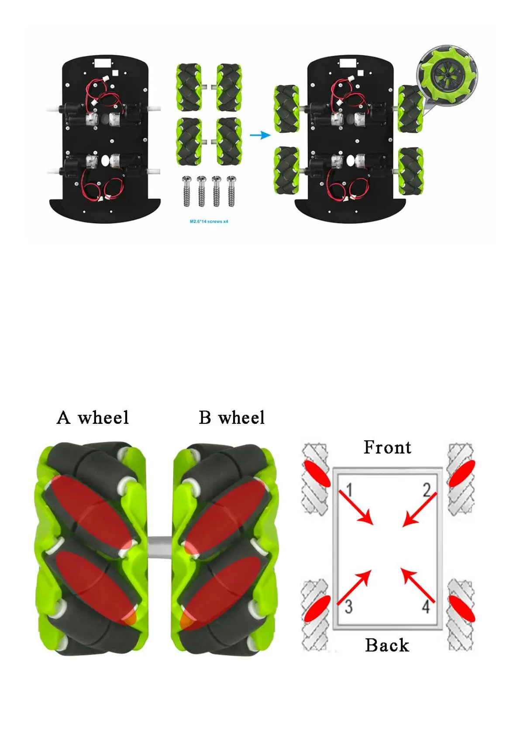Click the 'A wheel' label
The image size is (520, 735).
tap(93, 418)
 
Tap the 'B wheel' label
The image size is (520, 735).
tap(231, 418)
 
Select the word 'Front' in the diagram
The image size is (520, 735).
tap(387, 447)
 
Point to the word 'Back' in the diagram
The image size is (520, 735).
tap(387, 645)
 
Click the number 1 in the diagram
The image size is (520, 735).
tap(349, 490)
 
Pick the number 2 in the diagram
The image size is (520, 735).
tap(427, 490)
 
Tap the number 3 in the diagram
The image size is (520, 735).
tap(348, 606)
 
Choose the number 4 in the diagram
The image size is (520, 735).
tap(426, 606)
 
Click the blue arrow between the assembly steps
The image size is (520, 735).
tap(260, 135)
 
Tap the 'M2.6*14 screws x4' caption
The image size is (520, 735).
tap(209, 222)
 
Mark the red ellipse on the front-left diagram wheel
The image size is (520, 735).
tap(317, 473)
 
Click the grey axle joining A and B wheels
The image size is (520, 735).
tap(160, 547)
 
